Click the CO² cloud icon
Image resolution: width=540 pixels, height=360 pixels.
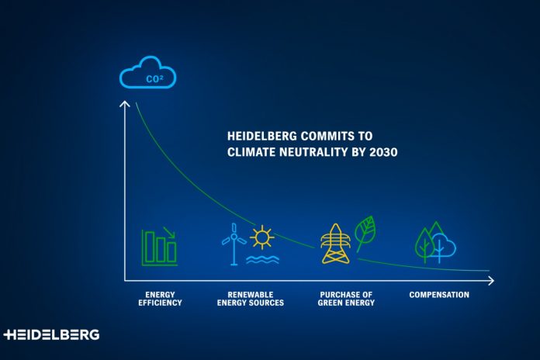click(147, 76)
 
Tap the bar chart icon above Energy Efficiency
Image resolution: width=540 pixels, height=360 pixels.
click(159, 246)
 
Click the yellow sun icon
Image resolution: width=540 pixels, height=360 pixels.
click(262, 236)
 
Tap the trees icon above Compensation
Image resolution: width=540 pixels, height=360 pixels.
click(435, 242)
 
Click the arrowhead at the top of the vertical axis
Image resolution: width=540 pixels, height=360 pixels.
click(124, 104)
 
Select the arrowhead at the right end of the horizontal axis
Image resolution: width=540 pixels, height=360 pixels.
click(490, 279)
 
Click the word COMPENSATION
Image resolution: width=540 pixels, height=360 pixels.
click(439, 295)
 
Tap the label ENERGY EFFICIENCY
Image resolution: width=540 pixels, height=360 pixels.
click(164, 299)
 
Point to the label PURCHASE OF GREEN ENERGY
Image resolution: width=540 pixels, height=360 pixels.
click(347, 299)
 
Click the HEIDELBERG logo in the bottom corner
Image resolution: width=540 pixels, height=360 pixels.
click(51, 334)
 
